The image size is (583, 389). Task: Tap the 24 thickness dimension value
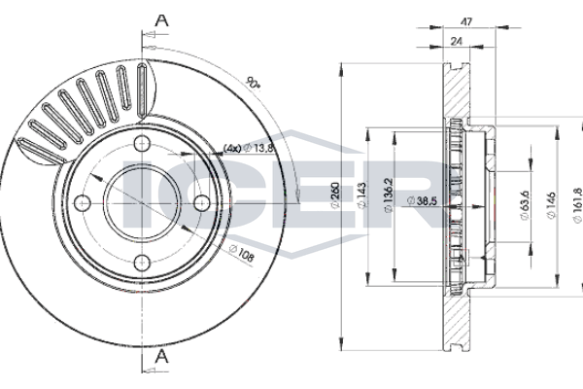click(456, 40)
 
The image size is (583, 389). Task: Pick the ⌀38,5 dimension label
click(425, 199)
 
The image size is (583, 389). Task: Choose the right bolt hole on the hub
click(202, 202)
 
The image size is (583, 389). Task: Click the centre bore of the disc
click(142, 202)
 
